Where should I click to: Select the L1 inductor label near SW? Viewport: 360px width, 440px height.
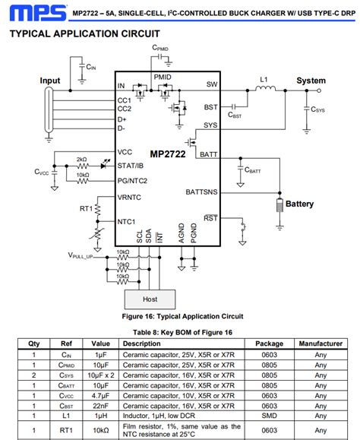(264, 78)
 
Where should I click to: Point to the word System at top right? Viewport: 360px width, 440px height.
(311, 81)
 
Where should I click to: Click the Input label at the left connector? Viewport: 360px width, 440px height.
(50, 81)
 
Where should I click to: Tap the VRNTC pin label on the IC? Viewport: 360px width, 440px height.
(129, 198)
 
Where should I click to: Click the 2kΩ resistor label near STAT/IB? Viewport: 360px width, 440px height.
(82, 160)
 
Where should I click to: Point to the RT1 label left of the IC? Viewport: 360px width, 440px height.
(87, 208)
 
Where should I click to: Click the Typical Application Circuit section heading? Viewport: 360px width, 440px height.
(84, 34)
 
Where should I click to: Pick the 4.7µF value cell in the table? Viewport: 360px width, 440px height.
(102, 396)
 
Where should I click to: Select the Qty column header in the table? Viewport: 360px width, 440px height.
(34, 343)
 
